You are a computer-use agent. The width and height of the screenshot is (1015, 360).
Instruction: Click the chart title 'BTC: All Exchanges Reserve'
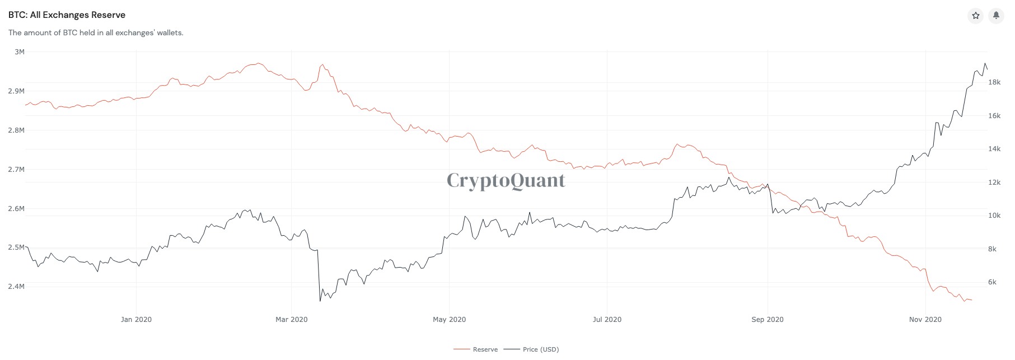click(67, 15)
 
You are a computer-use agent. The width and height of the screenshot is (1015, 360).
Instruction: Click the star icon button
click(976, 16)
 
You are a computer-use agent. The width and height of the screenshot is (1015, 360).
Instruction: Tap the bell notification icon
click(996, 16)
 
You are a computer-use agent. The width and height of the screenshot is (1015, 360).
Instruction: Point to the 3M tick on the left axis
click(20, 52)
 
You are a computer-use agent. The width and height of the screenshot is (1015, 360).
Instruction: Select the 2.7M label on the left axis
click(16, 169)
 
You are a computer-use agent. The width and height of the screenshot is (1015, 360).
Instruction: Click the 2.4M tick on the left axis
click(16, 287)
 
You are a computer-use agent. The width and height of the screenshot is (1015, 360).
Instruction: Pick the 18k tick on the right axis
click(994, 82)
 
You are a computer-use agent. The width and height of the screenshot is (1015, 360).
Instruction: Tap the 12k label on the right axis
click(994, 183)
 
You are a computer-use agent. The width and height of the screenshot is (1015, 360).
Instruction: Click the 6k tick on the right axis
click(992, 282)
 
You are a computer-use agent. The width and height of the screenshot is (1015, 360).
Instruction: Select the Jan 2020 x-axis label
click(136, 320)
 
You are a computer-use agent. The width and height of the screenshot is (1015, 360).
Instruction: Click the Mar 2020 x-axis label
click(291, 320)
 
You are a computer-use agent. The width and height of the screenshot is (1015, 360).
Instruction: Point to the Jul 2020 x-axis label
click(607, 320)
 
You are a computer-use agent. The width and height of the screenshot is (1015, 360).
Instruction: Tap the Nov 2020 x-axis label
click(925, 320)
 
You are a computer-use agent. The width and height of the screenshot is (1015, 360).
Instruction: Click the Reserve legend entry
click(485, 349)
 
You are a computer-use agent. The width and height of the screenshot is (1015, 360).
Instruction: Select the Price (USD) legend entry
click(540, 349)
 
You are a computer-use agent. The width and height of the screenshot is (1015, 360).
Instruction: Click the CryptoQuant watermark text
click(506, 180)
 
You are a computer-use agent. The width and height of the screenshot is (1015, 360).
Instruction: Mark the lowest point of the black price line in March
click(320, 301)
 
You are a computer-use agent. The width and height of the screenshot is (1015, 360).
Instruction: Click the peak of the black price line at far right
click(985, 63)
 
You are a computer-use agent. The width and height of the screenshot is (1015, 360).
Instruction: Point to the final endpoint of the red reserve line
click(971, 300)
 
